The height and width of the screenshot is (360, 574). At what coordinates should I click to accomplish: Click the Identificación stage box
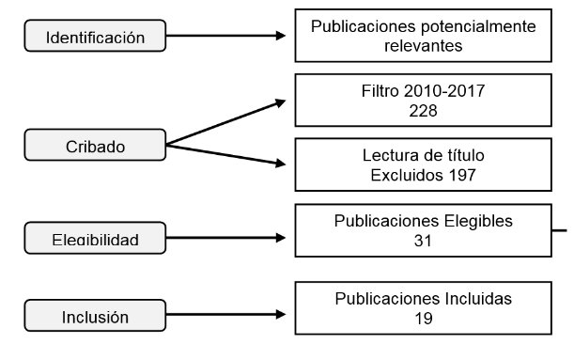[97, 38]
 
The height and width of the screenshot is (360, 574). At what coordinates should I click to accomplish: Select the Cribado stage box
[97, 146]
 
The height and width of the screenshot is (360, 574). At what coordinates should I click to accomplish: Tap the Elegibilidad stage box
[97, 239]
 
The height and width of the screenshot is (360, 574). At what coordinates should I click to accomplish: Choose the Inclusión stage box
[97, 317]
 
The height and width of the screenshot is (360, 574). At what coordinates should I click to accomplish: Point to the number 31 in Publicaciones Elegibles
[423, 240]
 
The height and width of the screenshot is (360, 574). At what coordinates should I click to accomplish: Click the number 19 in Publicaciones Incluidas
[423, 318]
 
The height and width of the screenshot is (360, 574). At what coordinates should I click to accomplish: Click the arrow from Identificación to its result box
[225, 38]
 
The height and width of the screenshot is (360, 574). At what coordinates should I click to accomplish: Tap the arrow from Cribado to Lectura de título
[225, 155]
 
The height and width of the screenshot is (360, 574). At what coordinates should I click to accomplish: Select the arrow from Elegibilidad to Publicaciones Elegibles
[225, 238]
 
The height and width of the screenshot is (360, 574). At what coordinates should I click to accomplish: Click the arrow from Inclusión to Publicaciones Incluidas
[225, 315]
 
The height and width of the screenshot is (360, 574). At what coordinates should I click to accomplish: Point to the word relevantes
[423, 43]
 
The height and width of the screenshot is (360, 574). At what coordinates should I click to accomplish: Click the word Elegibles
[478, 222]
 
